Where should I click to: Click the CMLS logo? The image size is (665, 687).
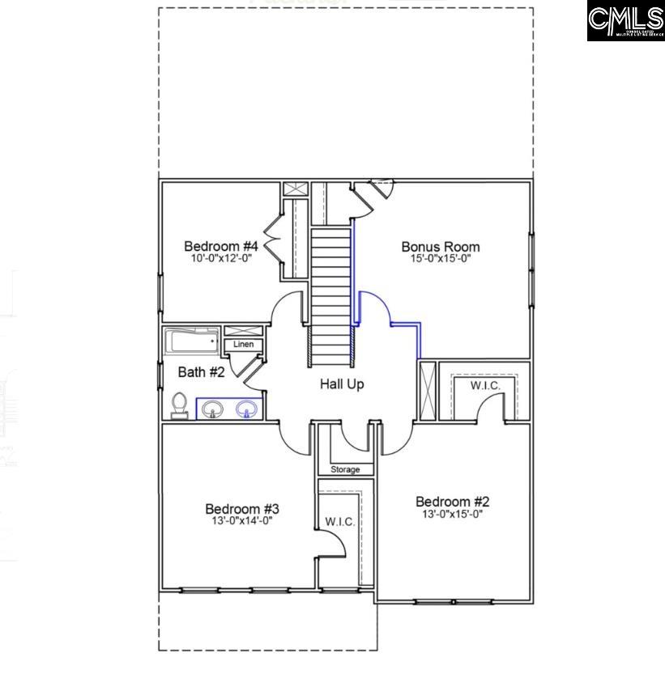pos(625,22)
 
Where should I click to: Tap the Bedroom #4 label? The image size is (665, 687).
pos(220,246)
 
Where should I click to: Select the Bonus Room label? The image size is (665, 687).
pos(441,247)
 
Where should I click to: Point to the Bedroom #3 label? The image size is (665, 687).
pos(242,509)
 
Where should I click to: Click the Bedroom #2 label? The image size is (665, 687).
pos(453,501)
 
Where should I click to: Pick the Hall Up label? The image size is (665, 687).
pos(342,384)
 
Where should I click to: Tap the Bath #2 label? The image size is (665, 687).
pos(201,372)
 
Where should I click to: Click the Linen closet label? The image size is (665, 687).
pos(243,345)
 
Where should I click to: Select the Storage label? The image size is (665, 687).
pos(345,469)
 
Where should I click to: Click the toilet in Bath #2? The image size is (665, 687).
pos(180,404)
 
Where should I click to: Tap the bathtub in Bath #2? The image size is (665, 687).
pos(194,341)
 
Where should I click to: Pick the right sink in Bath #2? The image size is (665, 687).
pos(246,410)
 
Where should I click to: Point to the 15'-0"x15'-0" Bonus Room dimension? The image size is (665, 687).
pos(441,259)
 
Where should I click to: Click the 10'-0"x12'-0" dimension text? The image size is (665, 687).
pos(220,259)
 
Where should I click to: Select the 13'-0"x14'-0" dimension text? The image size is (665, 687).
pos(242,521)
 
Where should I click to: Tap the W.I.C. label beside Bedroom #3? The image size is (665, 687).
pos(339,522)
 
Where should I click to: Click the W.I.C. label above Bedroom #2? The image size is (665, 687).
pos(486,386)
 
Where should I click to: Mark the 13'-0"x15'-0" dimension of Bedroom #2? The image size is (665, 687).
pos(453,514)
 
